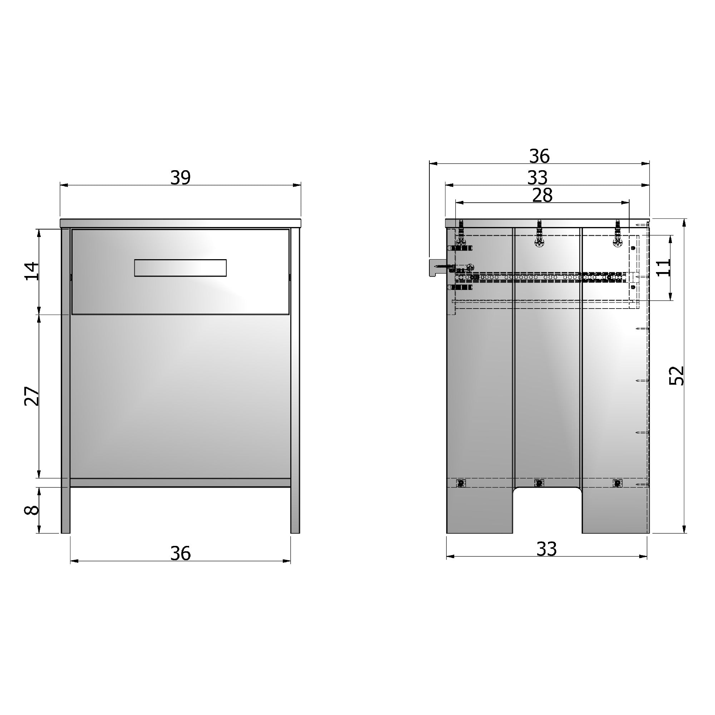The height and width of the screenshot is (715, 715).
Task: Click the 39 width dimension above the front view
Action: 180,178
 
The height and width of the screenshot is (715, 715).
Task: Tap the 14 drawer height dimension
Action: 32,271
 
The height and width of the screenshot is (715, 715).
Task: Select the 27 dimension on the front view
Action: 32,396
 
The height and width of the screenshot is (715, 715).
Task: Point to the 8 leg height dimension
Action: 32,510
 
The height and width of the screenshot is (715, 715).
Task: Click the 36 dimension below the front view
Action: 180,553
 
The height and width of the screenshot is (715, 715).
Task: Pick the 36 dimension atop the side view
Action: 539,156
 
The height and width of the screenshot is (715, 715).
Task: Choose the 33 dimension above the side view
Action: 537,178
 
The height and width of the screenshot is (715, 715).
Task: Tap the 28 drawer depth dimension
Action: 542,196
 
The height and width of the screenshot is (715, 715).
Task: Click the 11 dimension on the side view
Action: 663,267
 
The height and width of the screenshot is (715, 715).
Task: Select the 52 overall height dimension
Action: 676,376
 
